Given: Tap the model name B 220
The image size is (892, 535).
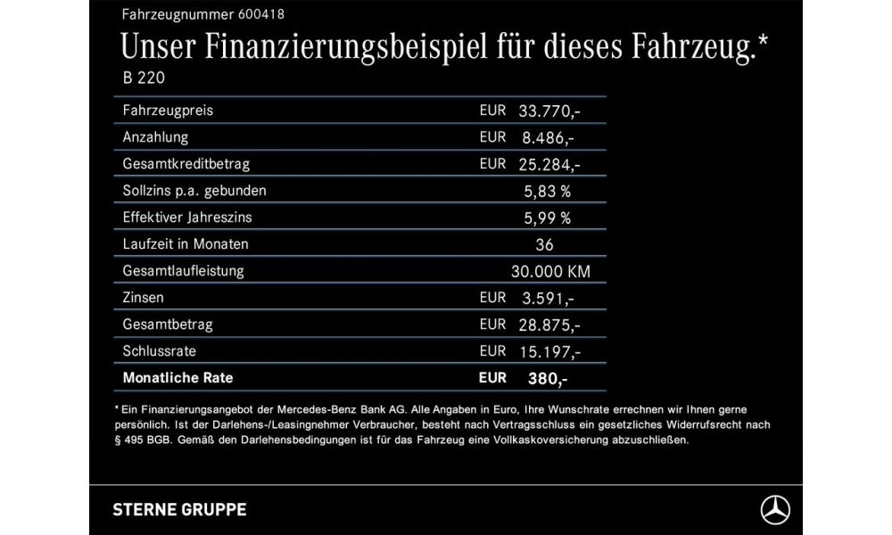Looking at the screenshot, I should [144, 78].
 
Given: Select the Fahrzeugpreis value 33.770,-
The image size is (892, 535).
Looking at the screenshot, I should [549, 111].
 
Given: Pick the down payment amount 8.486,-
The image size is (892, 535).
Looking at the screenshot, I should [546, 138].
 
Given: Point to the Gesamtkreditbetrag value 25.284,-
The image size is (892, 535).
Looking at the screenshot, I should [549, 165].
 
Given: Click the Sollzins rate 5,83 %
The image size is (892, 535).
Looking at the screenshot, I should [548, 191].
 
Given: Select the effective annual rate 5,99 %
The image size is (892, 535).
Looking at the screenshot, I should [548, 218].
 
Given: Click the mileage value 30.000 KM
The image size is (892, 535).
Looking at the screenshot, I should [549, 271].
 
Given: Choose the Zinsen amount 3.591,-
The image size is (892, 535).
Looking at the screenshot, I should [546, 298].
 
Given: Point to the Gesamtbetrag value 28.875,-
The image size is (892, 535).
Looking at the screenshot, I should [549, 325].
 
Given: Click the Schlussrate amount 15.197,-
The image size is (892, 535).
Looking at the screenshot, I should [549, 351].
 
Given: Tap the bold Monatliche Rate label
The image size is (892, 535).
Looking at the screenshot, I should [178, 378].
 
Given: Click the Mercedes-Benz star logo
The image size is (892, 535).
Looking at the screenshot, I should [775, 509].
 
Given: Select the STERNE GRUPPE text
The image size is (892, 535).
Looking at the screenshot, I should [179, 510].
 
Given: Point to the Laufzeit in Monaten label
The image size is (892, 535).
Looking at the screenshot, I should [186, 244].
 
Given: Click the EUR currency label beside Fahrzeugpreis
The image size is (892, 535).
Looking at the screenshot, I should [492, 111].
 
